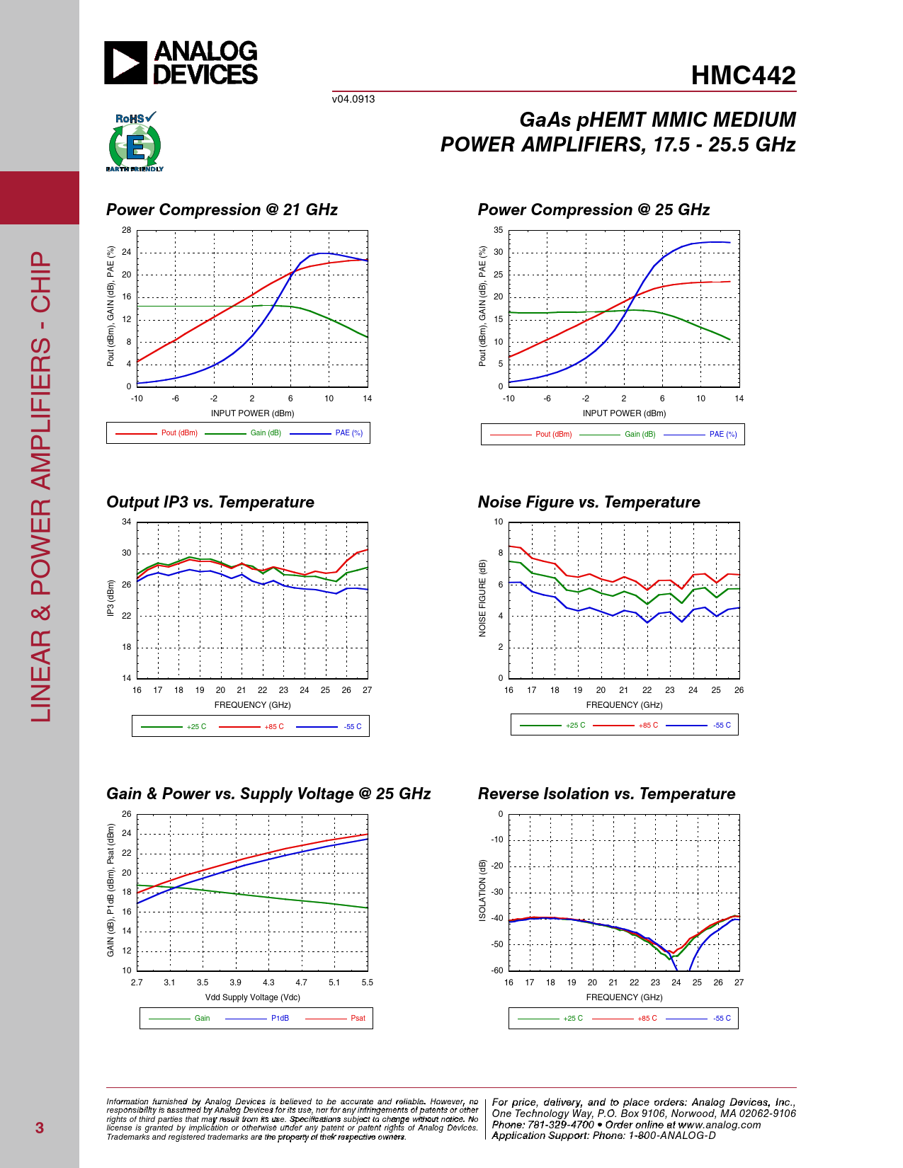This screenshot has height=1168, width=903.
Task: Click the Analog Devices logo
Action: point(181,63)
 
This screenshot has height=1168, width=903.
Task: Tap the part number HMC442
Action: point(743,76)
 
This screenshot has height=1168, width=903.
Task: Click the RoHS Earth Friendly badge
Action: point(135,142)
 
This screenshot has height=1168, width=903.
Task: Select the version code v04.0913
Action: point(353,99)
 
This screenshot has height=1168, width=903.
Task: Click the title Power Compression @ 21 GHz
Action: point(222,210)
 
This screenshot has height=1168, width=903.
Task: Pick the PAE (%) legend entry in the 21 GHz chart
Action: point(348,433)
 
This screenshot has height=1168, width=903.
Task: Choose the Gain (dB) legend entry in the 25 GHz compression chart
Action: point(640,435)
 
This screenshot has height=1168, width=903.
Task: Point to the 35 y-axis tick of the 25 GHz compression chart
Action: point(499,231)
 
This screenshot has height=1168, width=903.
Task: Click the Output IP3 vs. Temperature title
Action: point(210,502)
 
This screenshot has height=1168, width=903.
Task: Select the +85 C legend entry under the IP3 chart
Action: point(273,727)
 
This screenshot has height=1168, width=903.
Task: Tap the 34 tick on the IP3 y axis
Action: point(127,522)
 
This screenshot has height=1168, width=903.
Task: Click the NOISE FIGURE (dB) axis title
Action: point(483,598)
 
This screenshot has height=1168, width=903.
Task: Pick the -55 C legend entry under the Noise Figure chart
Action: point(722,726)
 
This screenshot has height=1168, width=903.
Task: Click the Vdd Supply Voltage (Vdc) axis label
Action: point(253,997)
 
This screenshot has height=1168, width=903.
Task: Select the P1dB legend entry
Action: point(280,1019)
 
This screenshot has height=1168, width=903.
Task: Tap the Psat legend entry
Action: point(358,1019)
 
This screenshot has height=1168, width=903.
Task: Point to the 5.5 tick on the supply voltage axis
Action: point(367,983)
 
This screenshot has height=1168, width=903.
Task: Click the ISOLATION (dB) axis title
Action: point(483,891)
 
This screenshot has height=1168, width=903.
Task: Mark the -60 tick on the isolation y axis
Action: point(498,971)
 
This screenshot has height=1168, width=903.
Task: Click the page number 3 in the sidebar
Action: point(40,1128)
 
